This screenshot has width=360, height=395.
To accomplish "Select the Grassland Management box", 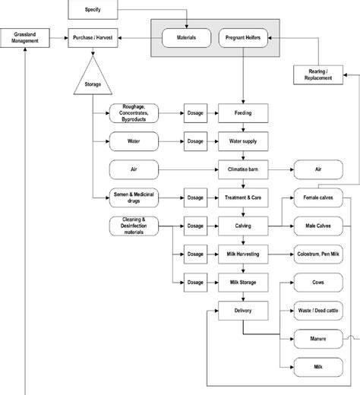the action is coord(25,38).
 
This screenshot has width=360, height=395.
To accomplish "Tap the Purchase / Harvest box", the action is coord(93,38).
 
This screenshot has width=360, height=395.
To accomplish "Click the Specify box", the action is coord(93,10).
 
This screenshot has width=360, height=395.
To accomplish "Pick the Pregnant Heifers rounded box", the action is coord(243,38).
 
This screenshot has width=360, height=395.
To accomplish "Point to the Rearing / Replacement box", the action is coord(318,75).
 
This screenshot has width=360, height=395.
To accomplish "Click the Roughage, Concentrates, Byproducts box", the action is coord(134,113).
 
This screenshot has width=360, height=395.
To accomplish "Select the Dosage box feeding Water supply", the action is coord(195,141).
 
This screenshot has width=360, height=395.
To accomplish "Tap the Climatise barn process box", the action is coord(243,169).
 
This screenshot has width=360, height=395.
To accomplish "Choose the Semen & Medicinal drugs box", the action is coord(134,197).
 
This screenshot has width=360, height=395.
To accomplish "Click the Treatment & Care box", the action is coord(243,197).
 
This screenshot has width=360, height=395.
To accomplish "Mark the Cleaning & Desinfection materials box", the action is coord(134,226).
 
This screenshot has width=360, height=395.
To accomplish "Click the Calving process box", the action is coord(243,226).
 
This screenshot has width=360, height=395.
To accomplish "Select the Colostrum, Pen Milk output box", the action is coord(318,254).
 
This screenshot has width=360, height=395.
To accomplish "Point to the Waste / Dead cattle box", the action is coord(318,311).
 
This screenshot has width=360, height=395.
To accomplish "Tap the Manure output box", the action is coord(318,339).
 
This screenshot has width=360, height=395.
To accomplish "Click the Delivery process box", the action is coord(243,311).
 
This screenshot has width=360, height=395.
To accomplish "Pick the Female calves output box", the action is coord(318,197).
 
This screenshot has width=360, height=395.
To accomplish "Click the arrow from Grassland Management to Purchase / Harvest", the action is coord(58,38).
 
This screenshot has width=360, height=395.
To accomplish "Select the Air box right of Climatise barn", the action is coord(318,169).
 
